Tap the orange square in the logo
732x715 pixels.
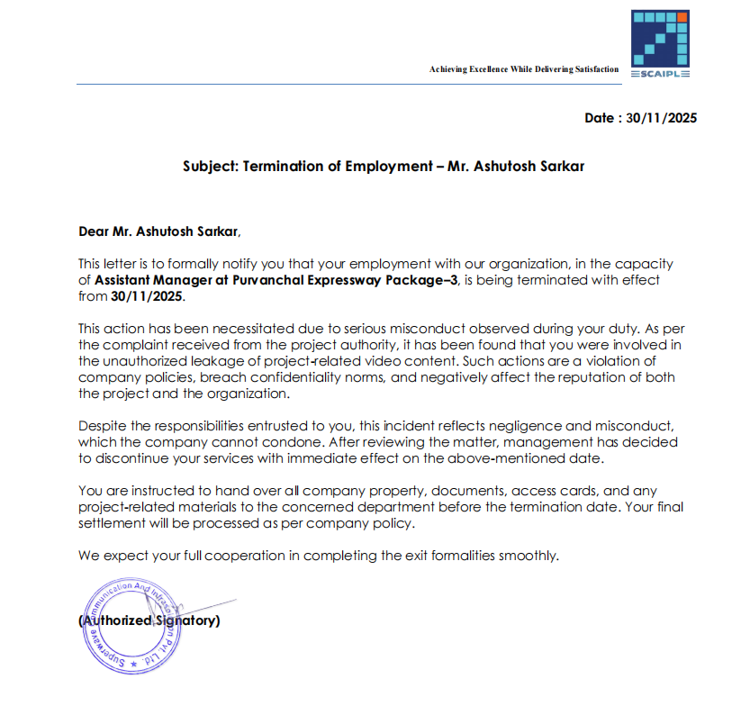coord(682,17)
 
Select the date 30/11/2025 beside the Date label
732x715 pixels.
coord(662,118)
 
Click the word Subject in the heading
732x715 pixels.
coord(210,167)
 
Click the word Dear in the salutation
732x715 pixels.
coord(94,231)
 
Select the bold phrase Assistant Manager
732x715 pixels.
coord(151,280)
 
